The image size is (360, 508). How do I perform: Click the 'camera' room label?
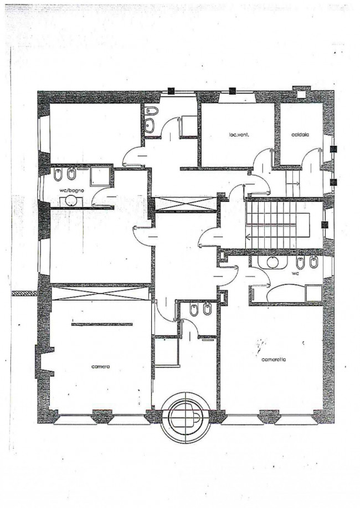click(101, 366)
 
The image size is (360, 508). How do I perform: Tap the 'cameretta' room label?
click(274, 359)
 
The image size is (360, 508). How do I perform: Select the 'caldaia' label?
click(300, 135)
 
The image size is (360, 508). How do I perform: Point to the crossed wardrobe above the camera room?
click(100, 293)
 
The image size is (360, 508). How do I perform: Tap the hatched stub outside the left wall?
click(24, 293)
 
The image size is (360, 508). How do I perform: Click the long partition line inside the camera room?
click(102, 324)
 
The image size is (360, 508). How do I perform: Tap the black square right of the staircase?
click(325, 225)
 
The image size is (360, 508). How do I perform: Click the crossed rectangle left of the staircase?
click(186, 204)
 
